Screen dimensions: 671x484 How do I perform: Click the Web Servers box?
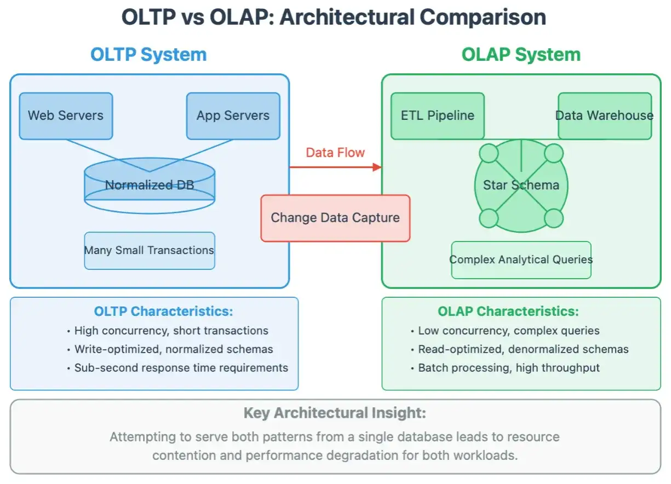66,116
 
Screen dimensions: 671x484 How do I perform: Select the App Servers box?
233,116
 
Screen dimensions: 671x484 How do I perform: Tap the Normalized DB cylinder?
150,186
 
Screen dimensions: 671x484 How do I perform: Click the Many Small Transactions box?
150,251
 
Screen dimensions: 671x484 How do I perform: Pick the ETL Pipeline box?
438,116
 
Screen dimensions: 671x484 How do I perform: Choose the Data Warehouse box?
605,116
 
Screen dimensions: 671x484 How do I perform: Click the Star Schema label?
521,185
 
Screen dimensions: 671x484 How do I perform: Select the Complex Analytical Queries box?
521,260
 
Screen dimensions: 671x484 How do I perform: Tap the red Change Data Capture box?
335,218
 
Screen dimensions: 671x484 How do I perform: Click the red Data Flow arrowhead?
377,167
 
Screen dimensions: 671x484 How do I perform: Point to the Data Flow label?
335,153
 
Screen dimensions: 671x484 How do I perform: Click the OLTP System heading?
148,55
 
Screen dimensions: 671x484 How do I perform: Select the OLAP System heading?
521,55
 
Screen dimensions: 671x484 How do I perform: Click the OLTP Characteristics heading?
164,311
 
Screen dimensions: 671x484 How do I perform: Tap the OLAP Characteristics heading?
508,311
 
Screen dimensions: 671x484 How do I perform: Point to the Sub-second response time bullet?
178,368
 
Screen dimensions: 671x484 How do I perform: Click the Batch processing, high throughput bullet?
506,368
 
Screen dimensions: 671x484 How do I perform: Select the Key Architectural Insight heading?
335,413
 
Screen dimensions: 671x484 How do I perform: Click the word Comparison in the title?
483,18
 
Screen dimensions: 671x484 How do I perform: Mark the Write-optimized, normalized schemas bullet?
170,349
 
